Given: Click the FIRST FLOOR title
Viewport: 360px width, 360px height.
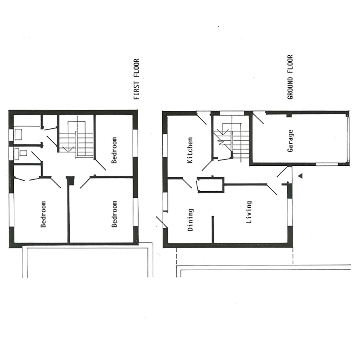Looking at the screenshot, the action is click(137, 79).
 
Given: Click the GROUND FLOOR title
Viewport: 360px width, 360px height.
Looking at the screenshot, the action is click(290, 77).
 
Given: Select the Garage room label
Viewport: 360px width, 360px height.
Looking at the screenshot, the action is click(290, 141).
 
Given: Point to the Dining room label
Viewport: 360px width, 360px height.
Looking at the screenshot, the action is click(190, 220).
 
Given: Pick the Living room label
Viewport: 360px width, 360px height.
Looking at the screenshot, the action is click(249, 212).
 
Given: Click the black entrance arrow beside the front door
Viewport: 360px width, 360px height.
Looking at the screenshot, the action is click(300, 176).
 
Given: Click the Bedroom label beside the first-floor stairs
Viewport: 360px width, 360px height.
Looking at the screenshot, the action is click(114, 150).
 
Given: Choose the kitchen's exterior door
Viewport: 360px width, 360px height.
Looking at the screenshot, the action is click(202, 118).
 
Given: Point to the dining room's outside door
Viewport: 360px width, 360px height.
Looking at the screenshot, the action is click(162, 222).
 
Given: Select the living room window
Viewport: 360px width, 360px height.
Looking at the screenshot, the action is click(290, 212).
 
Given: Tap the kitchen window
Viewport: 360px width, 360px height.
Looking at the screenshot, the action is click(165, 146).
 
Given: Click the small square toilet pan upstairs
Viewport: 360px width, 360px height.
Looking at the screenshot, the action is click(23, 153).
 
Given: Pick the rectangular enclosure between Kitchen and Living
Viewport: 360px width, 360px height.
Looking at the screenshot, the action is click(210, 185).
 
